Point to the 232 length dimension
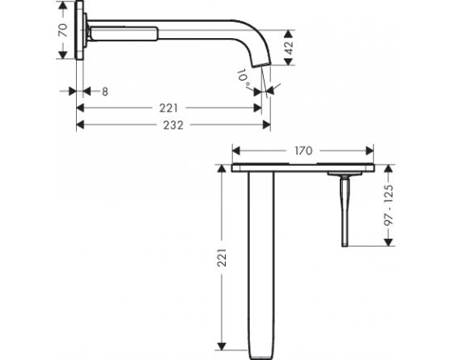172,125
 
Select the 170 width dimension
304,150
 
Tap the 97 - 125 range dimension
389,205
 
